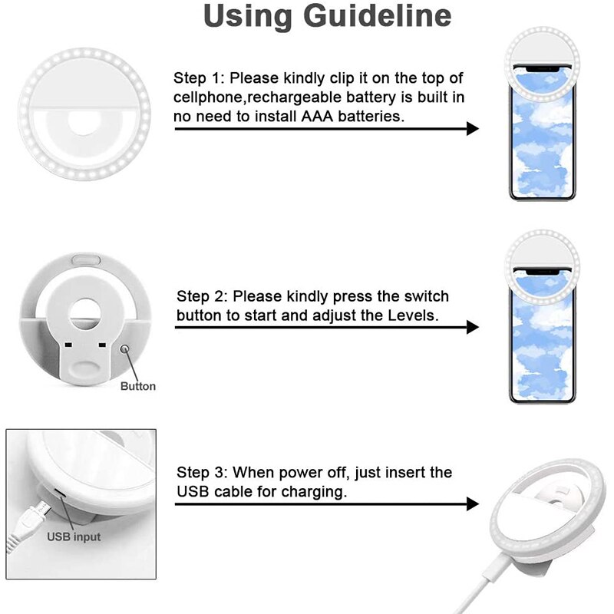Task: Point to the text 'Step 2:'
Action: click(203, 296)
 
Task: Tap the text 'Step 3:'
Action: click(203, 473)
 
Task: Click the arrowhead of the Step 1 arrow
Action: click(472, 128)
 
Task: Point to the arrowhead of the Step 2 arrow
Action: click(472, 327)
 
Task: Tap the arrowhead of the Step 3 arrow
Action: click(472, 504)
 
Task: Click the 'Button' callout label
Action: click(138, 386)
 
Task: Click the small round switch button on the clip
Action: click(125, 351)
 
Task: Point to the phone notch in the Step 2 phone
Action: click(542, 272)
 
